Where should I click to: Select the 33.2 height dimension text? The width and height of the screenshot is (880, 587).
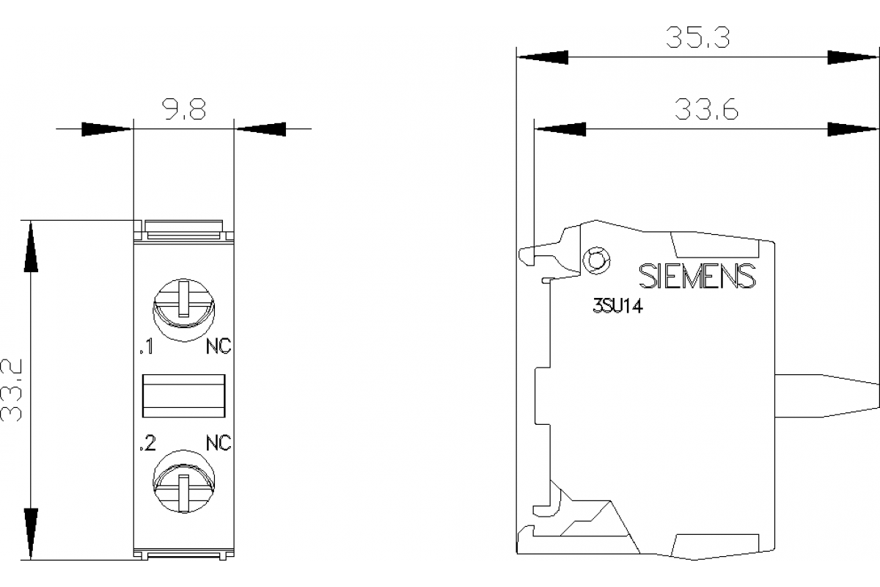tap(12, 390)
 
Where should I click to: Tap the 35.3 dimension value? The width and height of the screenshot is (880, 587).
tap(697, 37)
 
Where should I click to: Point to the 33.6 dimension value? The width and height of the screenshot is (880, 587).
tap(706, 110)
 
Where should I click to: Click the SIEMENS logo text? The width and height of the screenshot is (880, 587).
tap(697, 276)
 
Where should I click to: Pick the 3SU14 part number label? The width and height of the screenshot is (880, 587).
tap(617, 309)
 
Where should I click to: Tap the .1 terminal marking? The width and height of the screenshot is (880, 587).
tap(146, 348)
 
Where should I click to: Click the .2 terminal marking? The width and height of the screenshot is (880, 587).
tap(147, 443)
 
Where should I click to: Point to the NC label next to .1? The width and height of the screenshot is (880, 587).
tap(218, 348)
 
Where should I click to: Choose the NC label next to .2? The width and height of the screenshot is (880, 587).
tap(218, 443)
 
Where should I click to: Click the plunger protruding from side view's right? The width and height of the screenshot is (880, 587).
tap(829, 395)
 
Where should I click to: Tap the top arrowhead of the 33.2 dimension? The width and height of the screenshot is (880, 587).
tap(31, 246)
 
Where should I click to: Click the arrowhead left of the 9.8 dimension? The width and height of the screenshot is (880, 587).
tap(106, 129)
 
